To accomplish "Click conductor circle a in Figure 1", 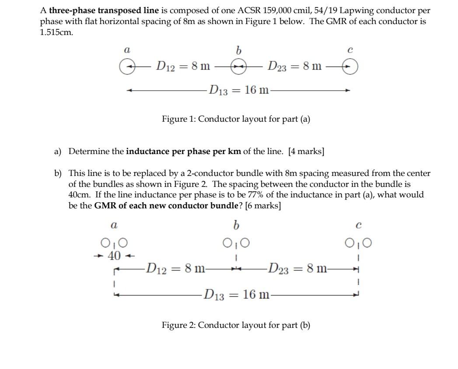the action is pyautogui.click(x=126, y=67).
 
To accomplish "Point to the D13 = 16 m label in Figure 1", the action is pyautogui.click(x=238, y=91).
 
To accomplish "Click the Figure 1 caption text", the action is pyautogui.click(x=236, y=119).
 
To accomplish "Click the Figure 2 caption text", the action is pyautogui.click(x=236, y=325).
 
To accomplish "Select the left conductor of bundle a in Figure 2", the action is pyautogui.click(x=105, y=242).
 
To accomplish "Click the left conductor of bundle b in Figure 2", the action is pyautogui.click(x=227, y=242).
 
